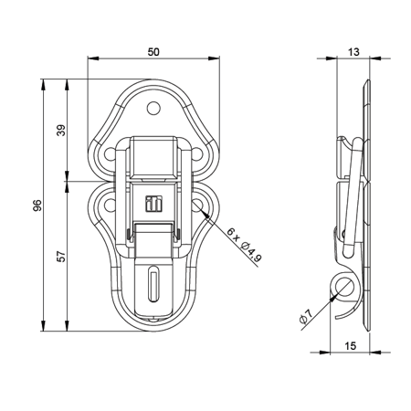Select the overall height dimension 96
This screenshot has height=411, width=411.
click(37, 206)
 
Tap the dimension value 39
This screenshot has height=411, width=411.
click(61, 129)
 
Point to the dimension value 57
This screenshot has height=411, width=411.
click(61, 257)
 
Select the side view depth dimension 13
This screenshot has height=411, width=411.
click(354, 53)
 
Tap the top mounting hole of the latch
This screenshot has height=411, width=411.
click(153, 107)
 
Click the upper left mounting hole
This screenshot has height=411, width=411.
click(111, 153)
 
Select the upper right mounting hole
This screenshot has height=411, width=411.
click(195, 153)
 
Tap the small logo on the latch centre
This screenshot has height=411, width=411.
click(153, 205)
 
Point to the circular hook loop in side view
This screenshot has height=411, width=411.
click(344, 285)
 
